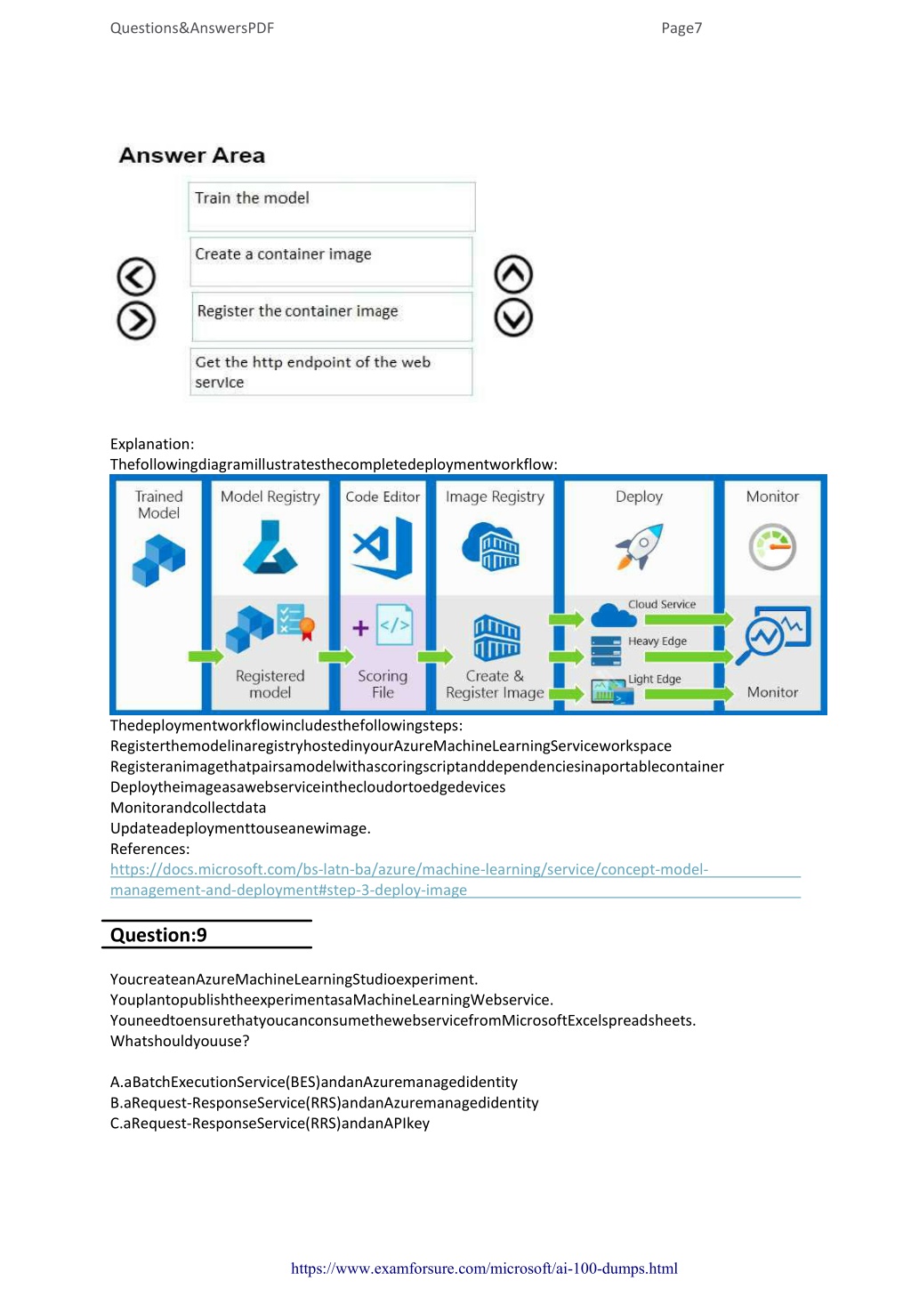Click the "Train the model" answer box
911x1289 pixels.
click(332, 206)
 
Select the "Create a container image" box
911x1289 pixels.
click(332, 262)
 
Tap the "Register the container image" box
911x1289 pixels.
click(332, 317)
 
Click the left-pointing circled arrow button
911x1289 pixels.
click(136, 276)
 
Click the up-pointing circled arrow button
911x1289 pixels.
click(513, 274)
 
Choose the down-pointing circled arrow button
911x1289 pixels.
click(513, 318)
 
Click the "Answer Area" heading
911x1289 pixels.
click(191, 156)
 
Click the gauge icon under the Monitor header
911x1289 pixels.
click(772, 546)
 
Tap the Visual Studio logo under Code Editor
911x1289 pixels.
click(383, 547)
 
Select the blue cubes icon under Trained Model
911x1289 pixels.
click(159, 560)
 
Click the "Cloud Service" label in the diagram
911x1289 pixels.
click(662, 604)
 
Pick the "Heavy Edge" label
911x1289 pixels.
click(657, 641)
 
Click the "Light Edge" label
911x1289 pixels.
click(654, 679)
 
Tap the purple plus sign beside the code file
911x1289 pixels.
click(360, 628)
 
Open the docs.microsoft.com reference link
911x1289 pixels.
click(409, 879)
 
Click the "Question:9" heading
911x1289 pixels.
click(158, 935)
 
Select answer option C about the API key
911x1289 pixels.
click(270, 1123)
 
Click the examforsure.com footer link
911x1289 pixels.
click(484, 1268)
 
